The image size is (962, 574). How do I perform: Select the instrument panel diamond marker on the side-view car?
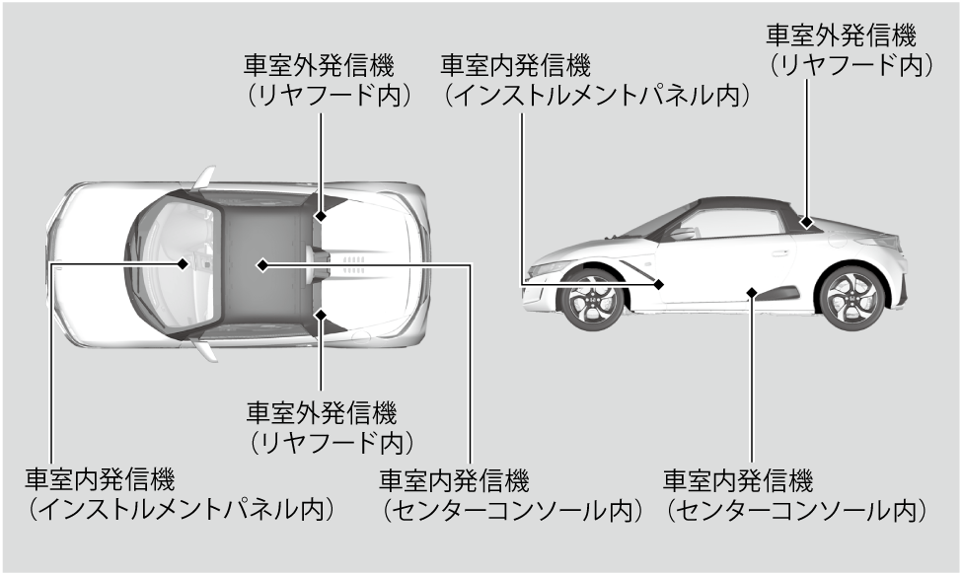pos(659,284)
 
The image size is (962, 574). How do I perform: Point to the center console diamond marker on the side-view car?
pos(752,291)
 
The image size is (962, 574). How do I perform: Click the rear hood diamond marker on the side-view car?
pos(808,223)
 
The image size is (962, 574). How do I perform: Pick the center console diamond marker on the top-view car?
pos(262,263)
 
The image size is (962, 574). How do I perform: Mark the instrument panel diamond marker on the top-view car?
pos(184,263)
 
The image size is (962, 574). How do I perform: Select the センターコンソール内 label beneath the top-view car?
pos(511,511)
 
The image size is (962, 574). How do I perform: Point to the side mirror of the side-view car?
pos(682,233)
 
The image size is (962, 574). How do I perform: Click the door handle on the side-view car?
pos(779,253)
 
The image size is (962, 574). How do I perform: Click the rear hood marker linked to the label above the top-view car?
pos(321,214)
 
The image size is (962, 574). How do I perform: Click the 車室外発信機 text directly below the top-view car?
pos(323,409)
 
